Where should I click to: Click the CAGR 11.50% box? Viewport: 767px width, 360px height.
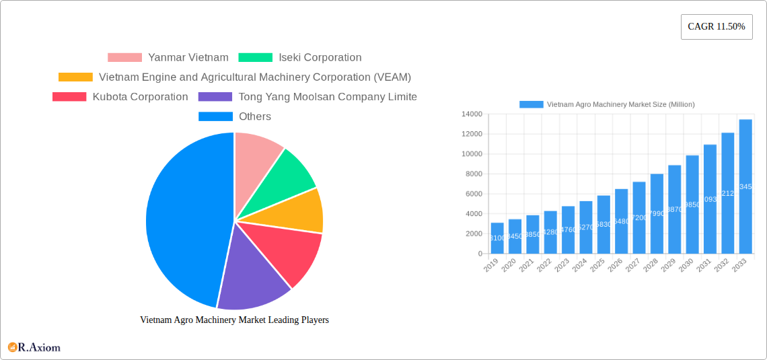point(717,27)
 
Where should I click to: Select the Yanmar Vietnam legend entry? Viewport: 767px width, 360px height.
point(168,58)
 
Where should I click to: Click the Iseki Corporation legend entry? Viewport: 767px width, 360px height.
point(300,58)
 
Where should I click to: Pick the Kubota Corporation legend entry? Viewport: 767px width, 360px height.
point(120,97)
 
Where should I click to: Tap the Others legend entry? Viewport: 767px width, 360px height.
point(235,116)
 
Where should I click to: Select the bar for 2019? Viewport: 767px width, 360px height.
point(497,238)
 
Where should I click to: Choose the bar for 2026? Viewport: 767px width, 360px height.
point(621,221)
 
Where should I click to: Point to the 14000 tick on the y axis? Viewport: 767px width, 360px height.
point(472,114)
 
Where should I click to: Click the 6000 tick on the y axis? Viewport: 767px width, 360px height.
point(474,194)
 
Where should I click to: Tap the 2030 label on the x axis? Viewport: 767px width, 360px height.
point(686,266)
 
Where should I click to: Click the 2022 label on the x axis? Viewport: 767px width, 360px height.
point(544,266)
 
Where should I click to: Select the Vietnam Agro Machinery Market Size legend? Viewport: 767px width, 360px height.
point(607,104)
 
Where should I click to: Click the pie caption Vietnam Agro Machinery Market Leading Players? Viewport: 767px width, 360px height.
point(234,320)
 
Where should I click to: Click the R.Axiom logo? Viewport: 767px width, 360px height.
point(34,348)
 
